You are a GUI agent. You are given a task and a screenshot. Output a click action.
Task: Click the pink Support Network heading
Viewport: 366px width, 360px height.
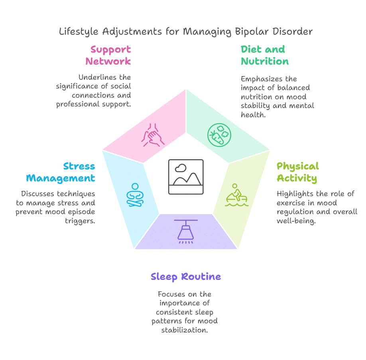(108, 55)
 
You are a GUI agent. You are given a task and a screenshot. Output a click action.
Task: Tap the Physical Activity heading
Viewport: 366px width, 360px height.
(297, 172)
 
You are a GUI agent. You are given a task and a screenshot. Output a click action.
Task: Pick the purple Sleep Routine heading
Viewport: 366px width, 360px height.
(185, 276)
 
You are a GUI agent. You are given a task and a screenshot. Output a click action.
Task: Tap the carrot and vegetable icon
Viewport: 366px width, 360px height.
(219, 134)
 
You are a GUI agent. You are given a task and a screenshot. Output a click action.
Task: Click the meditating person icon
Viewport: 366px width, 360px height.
(135, 195)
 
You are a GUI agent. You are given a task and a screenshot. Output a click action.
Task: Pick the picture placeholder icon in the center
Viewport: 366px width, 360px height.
(186, 177)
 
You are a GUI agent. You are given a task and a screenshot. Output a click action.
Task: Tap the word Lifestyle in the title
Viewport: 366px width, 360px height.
(78, 31)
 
